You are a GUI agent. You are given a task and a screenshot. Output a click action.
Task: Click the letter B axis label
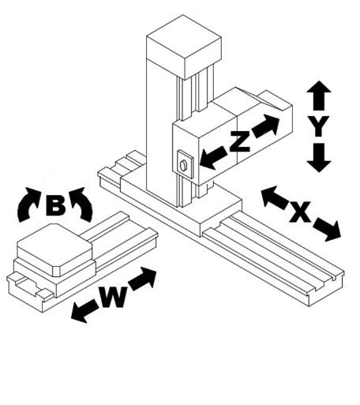pos(55,205)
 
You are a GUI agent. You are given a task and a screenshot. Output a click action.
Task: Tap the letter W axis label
pos(113,297)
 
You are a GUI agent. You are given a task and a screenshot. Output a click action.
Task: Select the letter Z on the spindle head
pos(239,141)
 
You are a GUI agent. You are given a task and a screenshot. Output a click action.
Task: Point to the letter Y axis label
pos(319,126)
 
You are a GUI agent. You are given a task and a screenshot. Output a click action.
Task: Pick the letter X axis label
pos(300,212)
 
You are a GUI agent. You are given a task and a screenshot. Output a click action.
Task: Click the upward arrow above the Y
pos(319,96)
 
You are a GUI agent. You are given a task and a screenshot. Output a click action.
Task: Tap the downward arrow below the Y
pos(319,158)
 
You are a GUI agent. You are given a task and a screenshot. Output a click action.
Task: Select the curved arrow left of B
pos(28,204)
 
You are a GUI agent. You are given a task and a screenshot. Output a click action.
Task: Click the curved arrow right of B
pos(82,204)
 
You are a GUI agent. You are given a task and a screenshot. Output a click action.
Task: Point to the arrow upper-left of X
pos(274,197)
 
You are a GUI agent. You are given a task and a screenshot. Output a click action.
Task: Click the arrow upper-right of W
pos(143,279)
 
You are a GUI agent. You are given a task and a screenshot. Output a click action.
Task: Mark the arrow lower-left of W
pos(84,311)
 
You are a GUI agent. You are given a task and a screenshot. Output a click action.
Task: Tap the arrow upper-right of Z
pos(266,126)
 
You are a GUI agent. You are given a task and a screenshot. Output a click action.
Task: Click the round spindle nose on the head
pos(183,165)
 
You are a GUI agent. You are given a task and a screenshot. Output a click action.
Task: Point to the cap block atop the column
pos(184,47)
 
